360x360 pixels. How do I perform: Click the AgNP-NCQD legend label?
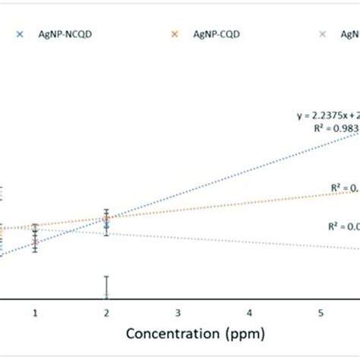coord(58,33)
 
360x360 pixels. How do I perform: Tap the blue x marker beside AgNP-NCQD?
coord(19,33)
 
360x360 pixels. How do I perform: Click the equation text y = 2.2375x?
coord(327,115)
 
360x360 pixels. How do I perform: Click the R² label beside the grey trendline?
coord(341,226)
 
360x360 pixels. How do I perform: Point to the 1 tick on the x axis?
coord(36,313)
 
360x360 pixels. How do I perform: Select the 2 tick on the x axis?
coord(107,313)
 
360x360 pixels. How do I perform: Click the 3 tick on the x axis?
coord(178,313)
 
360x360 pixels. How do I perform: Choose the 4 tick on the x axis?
coord(249,313)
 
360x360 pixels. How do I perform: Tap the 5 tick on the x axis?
coord(321,313)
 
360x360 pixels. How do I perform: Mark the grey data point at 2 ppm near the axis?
coord(107,294)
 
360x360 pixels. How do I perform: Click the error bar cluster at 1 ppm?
coord(36,237)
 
